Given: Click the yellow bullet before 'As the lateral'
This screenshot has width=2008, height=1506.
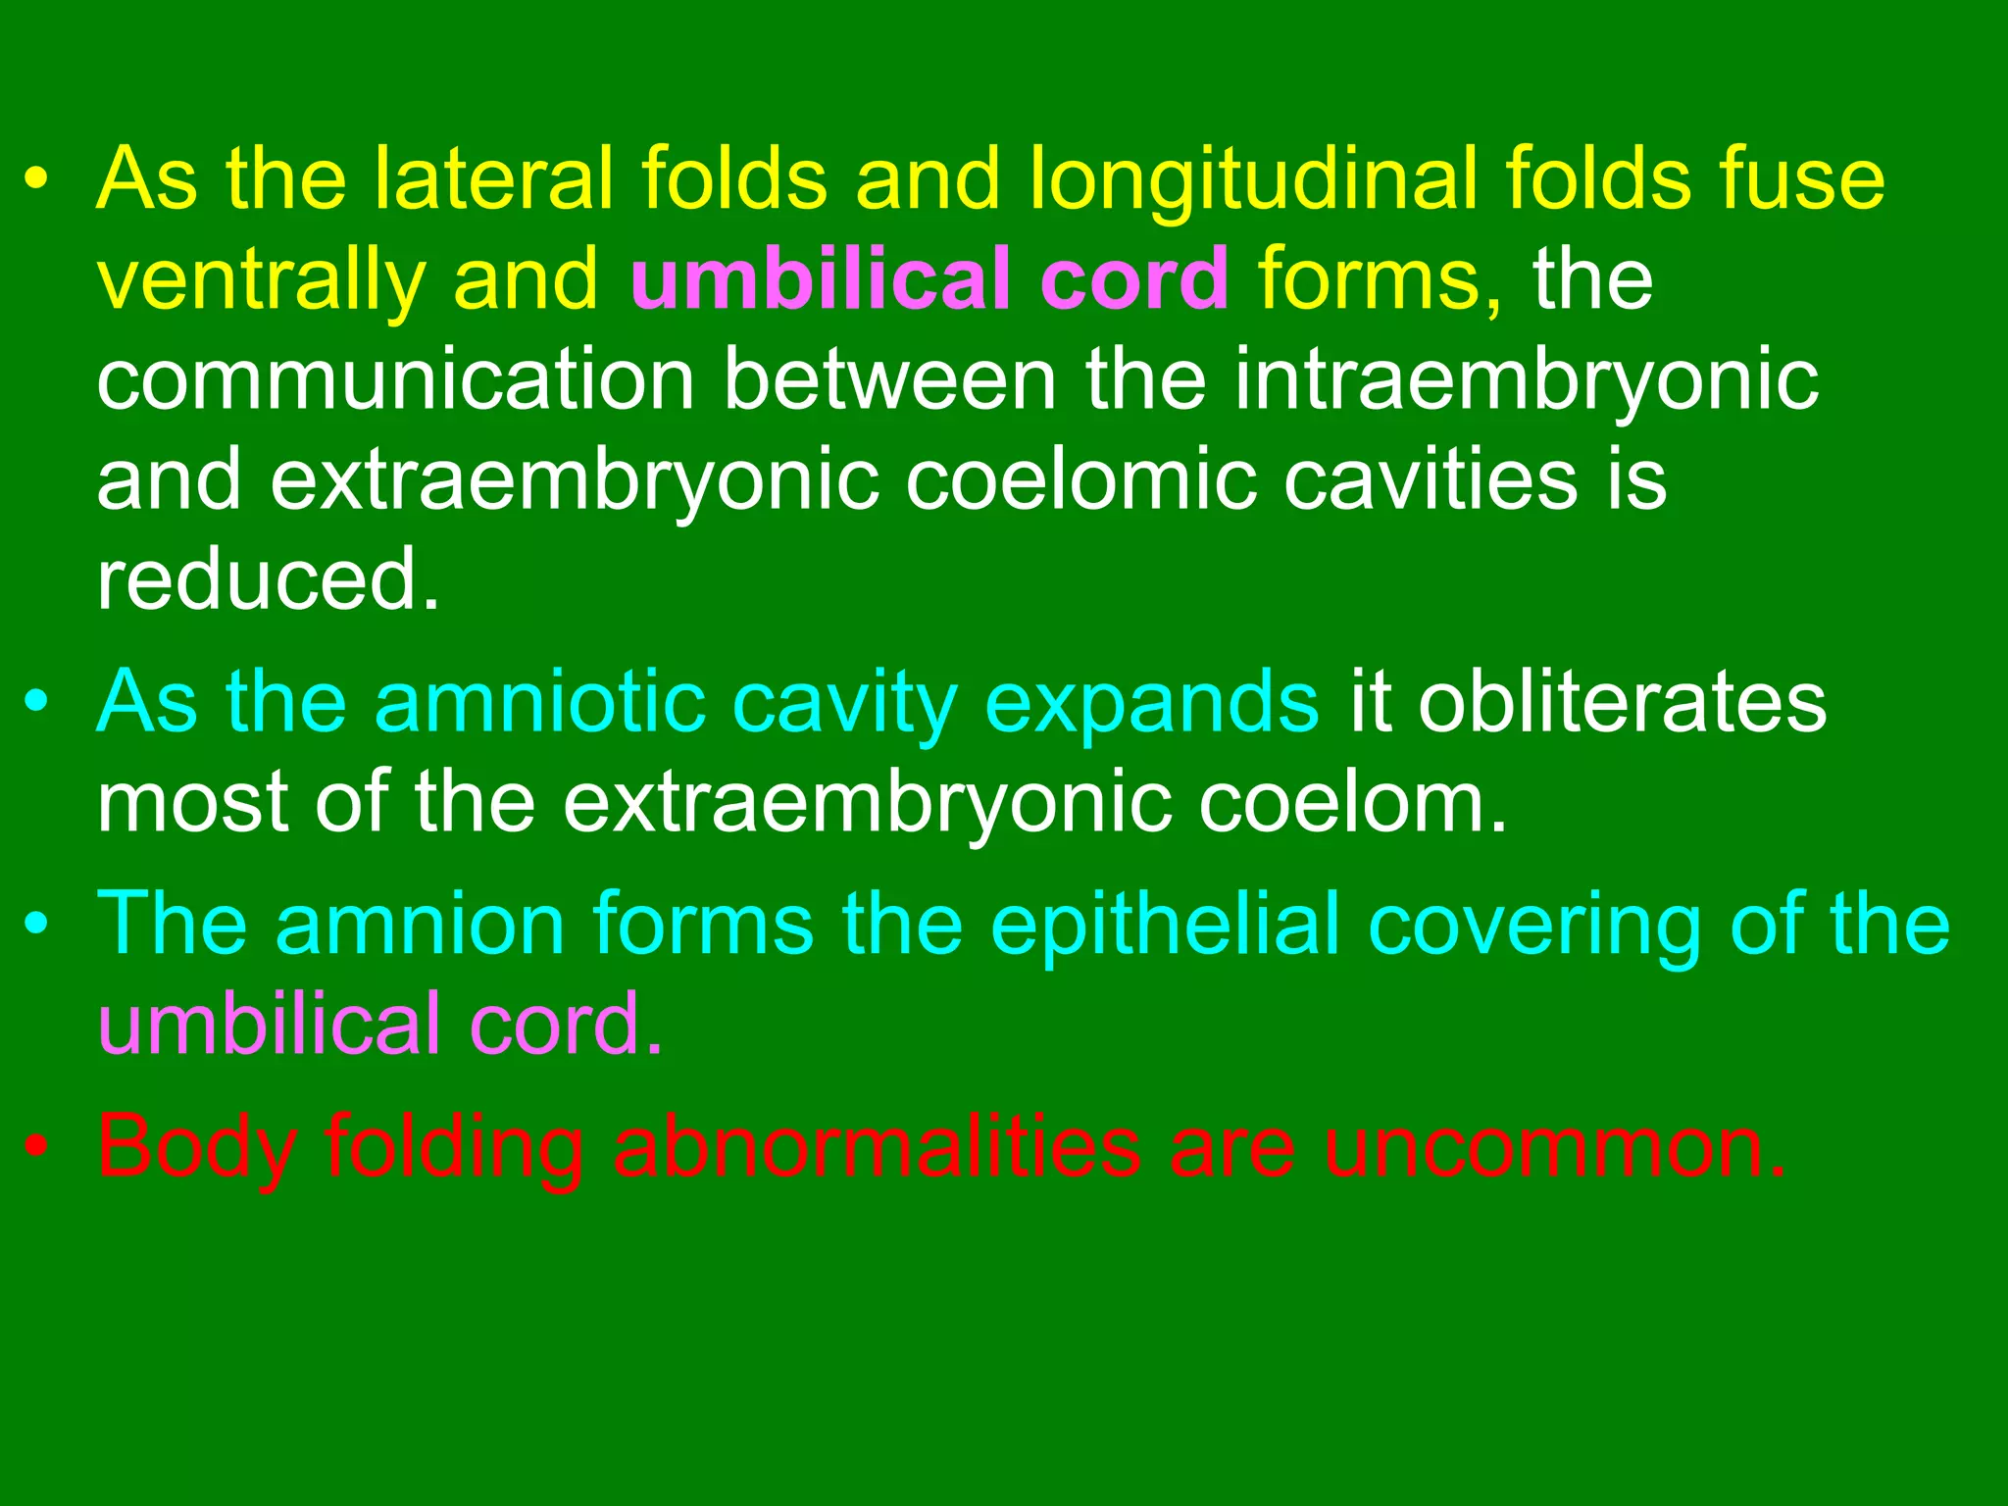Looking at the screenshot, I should [x=36, y=181].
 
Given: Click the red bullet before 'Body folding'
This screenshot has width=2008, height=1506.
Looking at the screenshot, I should [x=36, y=1146].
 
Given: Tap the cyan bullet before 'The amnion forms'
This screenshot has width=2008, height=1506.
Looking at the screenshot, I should [x=36, y=925].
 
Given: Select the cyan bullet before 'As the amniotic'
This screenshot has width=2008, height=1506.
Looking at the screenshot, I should [x=36, y=702].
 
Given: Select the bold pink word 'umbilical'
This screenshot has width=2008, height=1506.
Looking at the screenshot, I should [x=820, y=278].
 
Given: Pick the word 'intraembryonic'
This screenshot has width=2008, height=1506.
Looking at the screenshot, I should [x=1526, y=382].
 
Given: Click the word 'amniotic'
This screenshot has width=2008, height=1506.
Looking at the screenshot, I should [x=540, y=702].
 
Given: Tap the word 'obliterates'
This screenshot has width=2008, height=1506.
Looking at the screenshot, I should [x=1622, y=702].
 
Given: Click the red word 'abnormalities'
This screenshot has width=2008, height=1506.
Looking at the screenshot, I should [x=877, y=1146].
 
